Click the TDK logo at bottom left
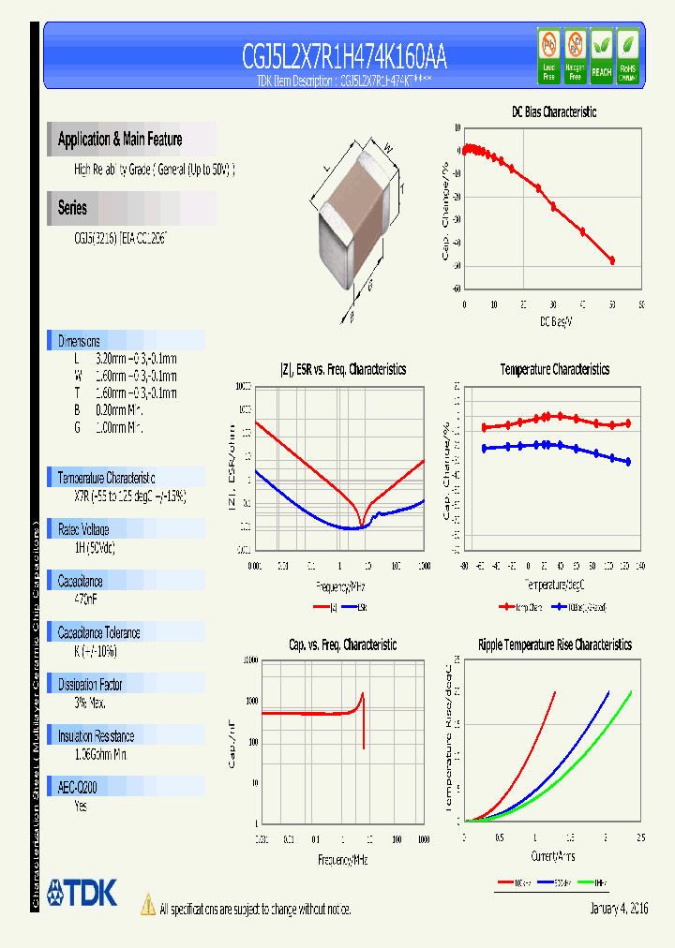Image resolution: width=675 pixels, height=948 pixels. point(82,893)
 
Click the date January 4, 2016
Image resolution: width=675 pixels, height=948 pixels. point(619,909)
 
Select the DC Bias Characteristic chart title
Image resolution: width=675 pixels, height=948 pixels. point(553,111)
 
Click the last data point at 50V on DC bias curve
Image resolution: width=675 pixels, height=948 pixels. point(612,260)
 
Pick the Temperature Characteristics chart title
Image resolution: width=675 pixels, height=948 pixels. point(554,370)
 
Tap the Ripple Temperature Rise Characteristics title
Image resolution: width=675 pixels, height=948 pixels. point(554,644)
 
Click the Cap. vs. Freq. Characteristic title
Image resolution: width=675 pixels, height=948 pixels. point(342,644)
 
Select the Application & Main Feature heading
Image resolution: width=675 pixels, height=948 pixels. point(120,140)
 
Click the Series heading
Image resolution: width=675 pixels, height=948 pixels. point(72,208)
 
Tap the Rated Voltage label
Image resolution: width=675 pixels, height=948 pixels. point(83,529)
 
